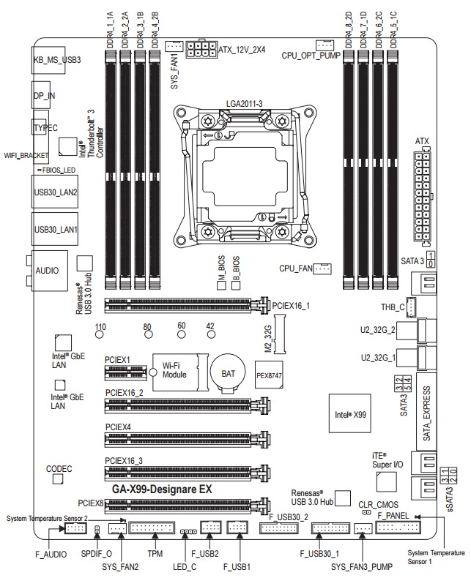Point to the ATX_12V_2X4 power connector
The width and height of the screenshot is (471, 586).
click(201, 50)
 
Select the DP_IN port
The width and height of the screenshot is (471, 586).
click(46, 95)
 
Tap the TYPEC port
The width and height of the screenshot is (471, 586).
click(45, 127)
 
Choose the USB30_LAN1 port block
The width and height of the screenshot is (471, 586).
click(56, 229)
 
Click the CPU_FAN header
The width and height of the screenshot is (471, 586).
click(322, 269)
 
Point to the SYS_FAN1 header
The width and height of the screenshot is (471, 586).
click(174, 46)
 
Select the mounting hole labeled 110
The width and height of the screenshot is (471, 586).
click(101, 335)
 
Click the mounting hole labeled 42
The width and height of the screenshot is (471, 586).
click(210, 335)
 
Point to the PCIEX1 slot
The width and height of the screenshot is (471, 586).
click(126, 372)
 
